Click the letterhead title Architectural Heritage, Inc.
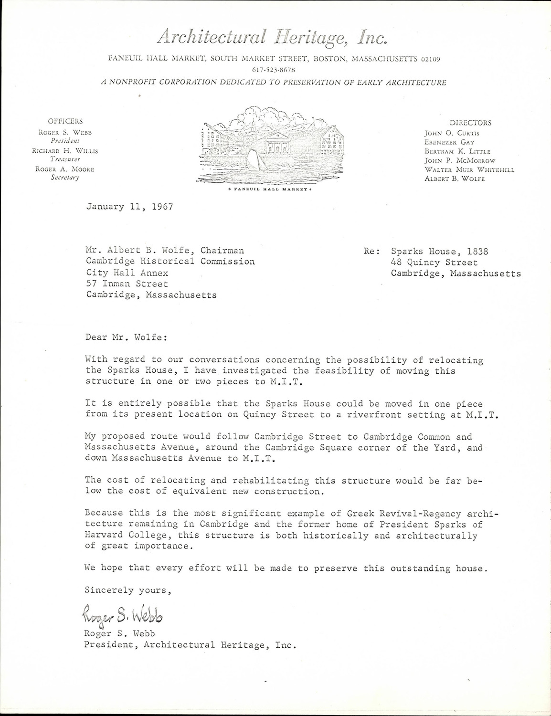[272, 36]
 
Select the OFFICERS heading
[65, 121]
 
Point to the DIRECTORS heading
[470, 123]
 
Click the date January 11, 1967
[129, 207]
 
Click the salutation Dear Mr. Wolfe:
[126, 337]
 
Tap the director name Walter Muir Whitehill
[469, 169]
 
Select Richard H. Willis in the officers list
[65, 151]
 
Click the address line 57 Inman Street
[127, 284]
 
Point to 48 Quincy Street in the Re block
[434, 263]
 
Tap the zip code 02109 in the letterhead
[430, 59]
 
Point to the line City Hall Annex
[127, 273]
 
